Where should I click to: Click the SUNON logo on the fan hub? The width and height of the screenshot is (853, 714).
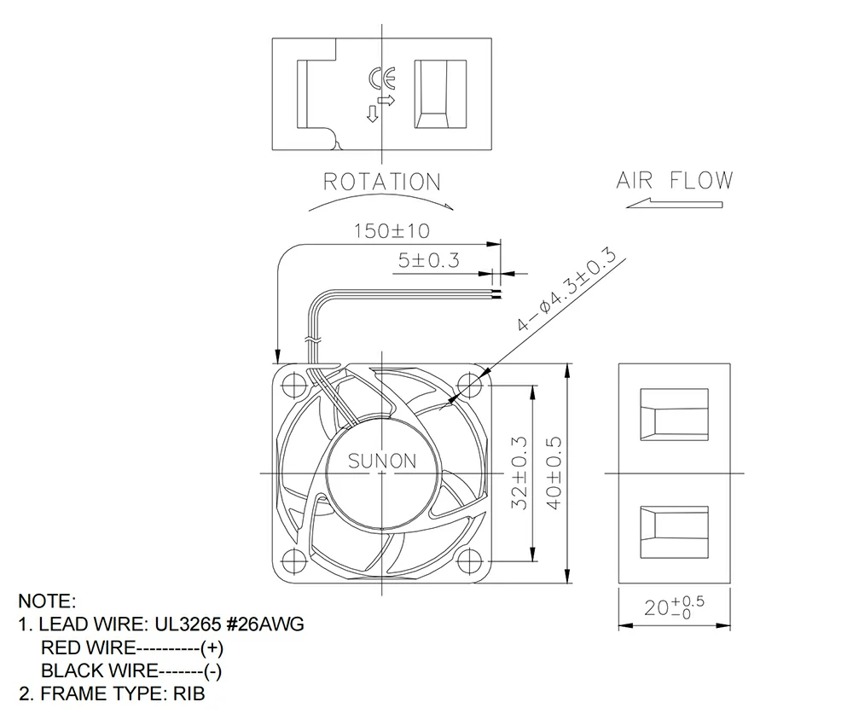coord(382,461)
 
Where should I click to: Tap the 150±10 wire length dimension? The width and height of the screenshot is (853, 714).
coord(392,231)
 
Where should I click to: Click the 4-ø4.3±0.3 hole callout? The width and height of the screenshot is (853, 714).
coord(566,289)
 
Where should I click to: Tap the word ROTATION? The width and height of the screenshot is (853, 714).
coord(381,183)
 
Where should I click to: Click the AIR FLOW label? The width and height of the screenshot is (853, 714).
coord(674,181)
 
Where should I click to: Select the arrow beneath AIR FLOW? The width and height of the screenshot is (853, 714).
coord(673,203)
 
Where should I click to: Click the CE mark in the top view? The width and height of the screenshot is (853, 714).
coord(381,78)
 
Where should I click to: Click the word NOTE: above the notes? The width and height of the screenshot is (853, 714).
coord(47,601)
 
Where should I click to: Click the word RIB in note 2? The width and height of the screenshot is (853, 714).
coord(189,694)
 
